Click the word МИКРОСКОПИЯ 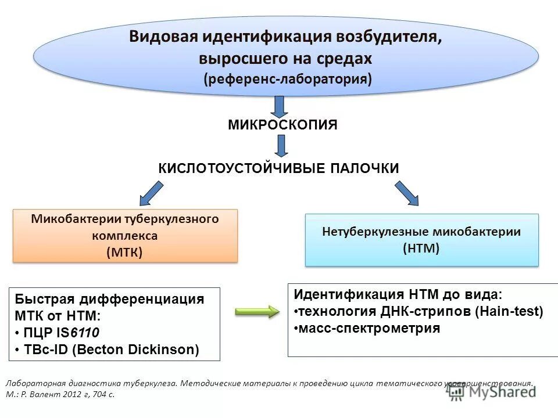tap(282, 125)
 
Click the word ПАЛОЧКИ tap(364, 168)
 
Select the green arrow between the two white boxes tap(257, 312)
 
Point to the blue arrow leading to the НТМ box tap(406, 193)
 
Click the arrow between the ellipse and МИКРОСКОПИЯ tap(280, 106)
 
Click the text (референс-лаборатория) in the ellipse tap(287, 78)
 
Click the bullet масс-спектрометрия tap(367, 328)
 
